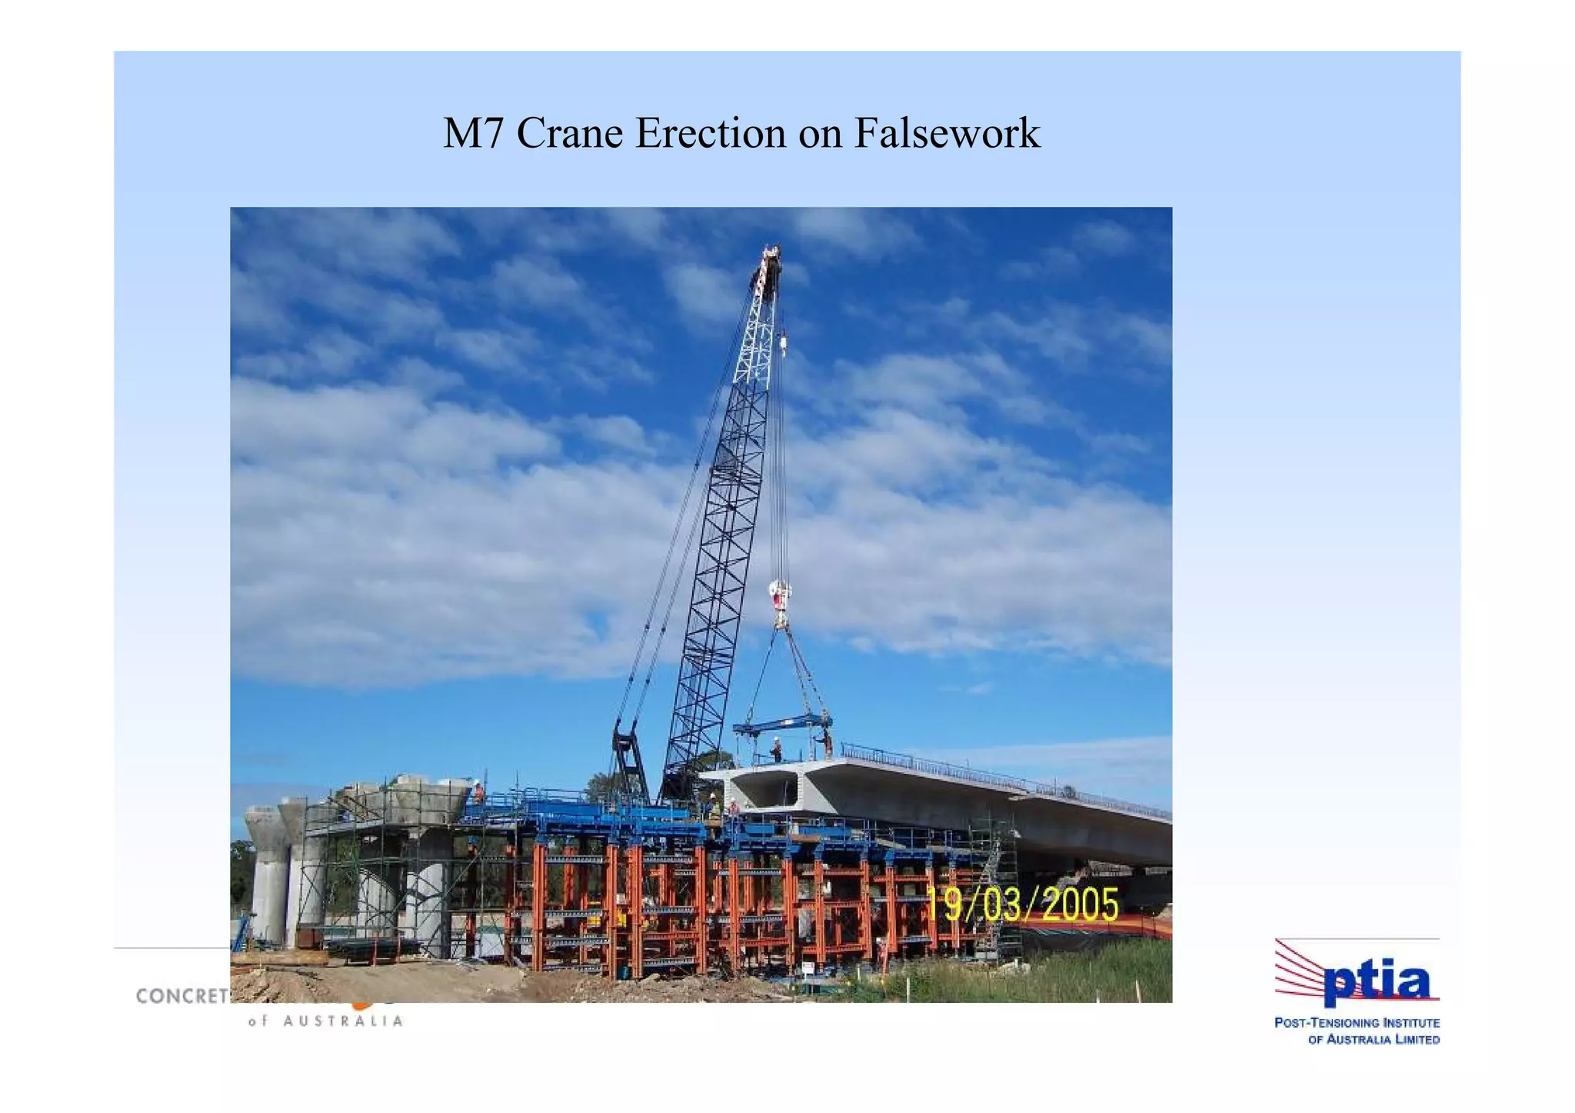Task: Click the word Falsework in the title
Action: pos(947,133)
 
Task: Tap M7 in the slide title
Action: pos(472,133)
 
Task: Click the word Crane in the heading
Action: pos(569,133)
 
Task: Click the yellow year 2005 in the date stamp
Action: pos(1081,905)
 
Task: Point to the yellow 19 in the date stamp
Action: pos(943,905)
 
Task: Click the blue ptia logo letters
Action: pos(1377,984)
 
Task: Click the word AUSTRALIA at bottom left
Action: pos(343,1021)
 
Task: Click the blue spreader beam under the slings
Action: pos(782,723)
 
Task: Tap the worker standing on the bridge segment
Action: pos(777,748)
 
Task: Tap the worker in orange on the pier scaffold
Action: pos(478,791)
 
